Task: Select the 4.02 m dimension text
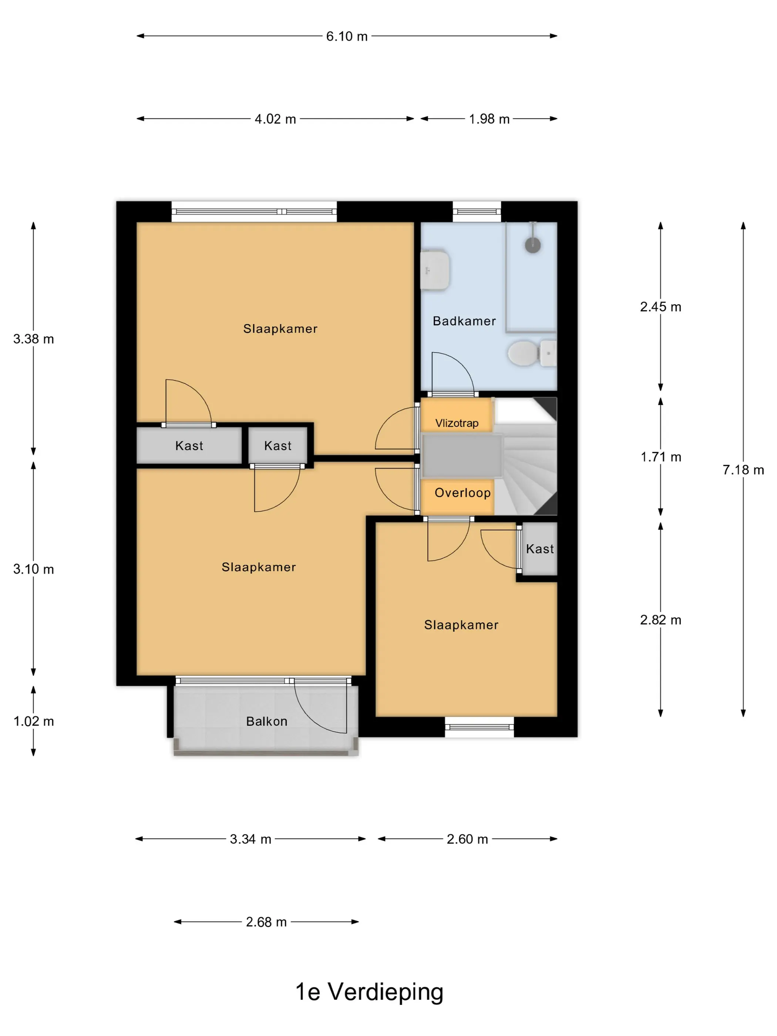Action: tap(275, 119)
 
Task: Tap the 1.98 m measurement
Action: tap(489, 119)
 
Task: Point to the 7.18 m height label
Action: tap(743, 470)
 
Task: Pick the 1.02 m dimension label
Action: tap(34, 721)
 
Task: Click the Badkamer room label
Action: tap(464, 321)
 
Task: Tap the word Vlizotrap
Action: tap(457, 423)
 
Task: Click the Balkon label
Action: tap(266, 721)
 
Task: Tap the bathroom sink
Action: tap(435, 270)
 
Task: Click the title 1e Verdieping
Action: tap(369, 992)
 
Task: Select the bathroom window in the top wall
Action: tap(477, 212)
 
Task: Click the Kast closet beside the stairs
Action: tap(539, 549)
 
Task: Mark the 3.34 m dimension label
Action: tap(250, 839)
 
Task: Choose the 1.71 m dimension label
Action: tap(660, 457)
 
